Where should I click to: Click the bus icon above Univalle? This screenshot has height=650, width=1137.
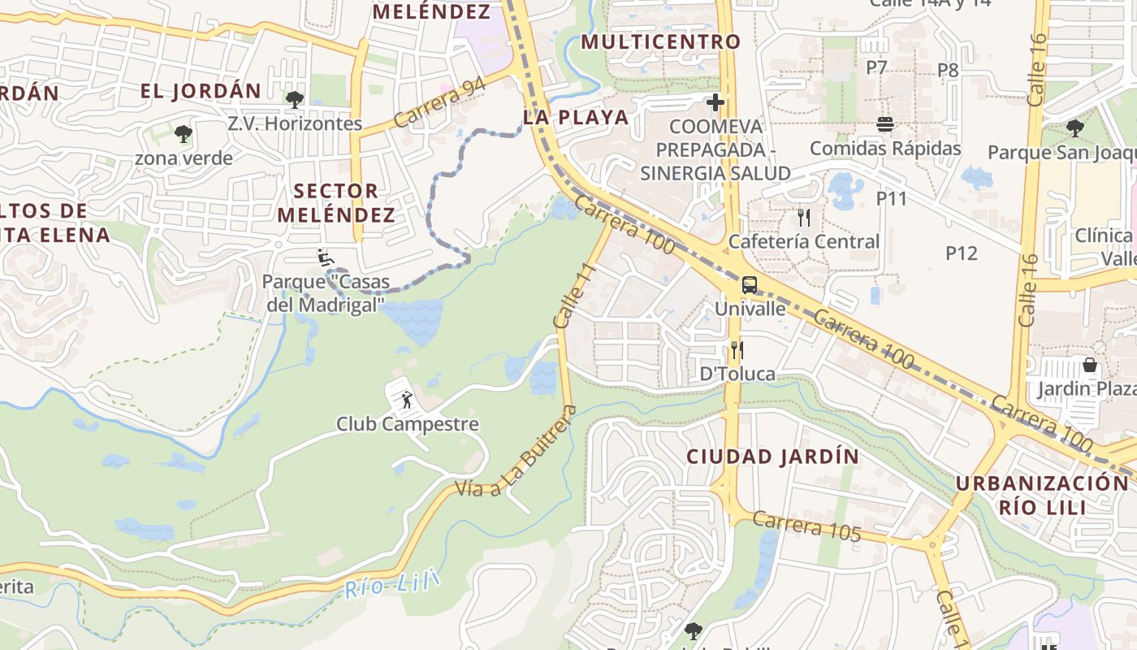coord(749,285)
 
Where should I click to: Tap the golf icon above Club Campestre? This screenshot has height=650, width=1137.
coord(406,400)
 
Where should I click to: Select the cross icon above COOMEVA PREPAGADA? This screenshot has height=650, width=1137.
coord(715,102)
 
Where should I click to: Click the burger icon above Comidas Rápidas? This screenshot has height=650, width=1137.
coord(885,124)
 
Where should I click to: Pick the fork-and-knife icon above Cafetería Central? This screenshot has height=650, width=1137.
coord(804,217)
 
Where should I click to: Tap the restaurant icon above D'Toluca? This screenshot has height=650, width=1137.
coord(737,350)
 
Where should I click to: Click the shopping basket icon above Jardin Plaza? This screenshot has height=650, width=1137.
coord(1090,365)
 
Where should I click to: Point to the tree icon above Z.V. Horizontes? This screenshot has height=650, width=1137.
coord(294,100)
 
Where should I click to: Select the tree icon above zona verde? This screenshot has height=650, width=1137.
coord(184,133)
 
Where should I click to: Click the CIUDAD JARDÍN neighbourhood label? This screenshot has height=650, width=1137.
coord(772,457)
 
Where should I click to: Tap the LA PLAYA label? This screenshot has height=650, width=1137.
coord(576,117)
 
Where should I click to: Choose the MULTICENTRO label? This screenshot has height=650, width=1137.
coord(661,41)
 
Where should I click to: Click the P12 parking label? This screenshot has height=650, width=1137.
coord(962,253)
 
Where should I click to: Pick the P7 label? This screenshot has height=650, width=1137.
coord(876,67)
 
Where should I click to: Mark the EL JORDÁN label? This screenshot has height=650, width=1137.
coord(201,90)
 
